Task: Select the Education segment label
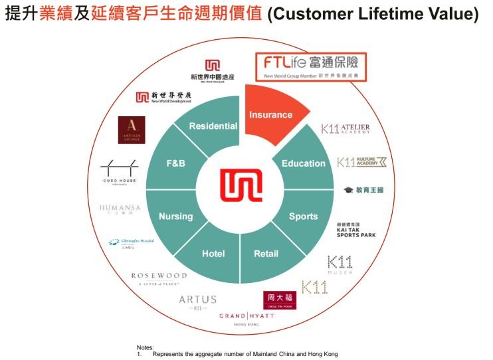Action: (x=304, y=163)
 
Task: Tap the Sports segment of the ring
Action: (x=304, y=217)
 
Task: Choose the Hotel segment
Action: (x=213, y=253)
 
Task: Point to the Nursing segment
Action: (x=175, y=217)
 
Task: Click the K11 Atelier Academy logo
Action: (x=345, y=129)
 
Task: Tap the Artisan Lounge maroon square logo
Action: (x=131, y=130)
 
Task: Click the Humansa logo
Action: (x=120, y=209)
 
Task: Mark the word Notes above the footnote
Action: (x=145, y=347)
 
